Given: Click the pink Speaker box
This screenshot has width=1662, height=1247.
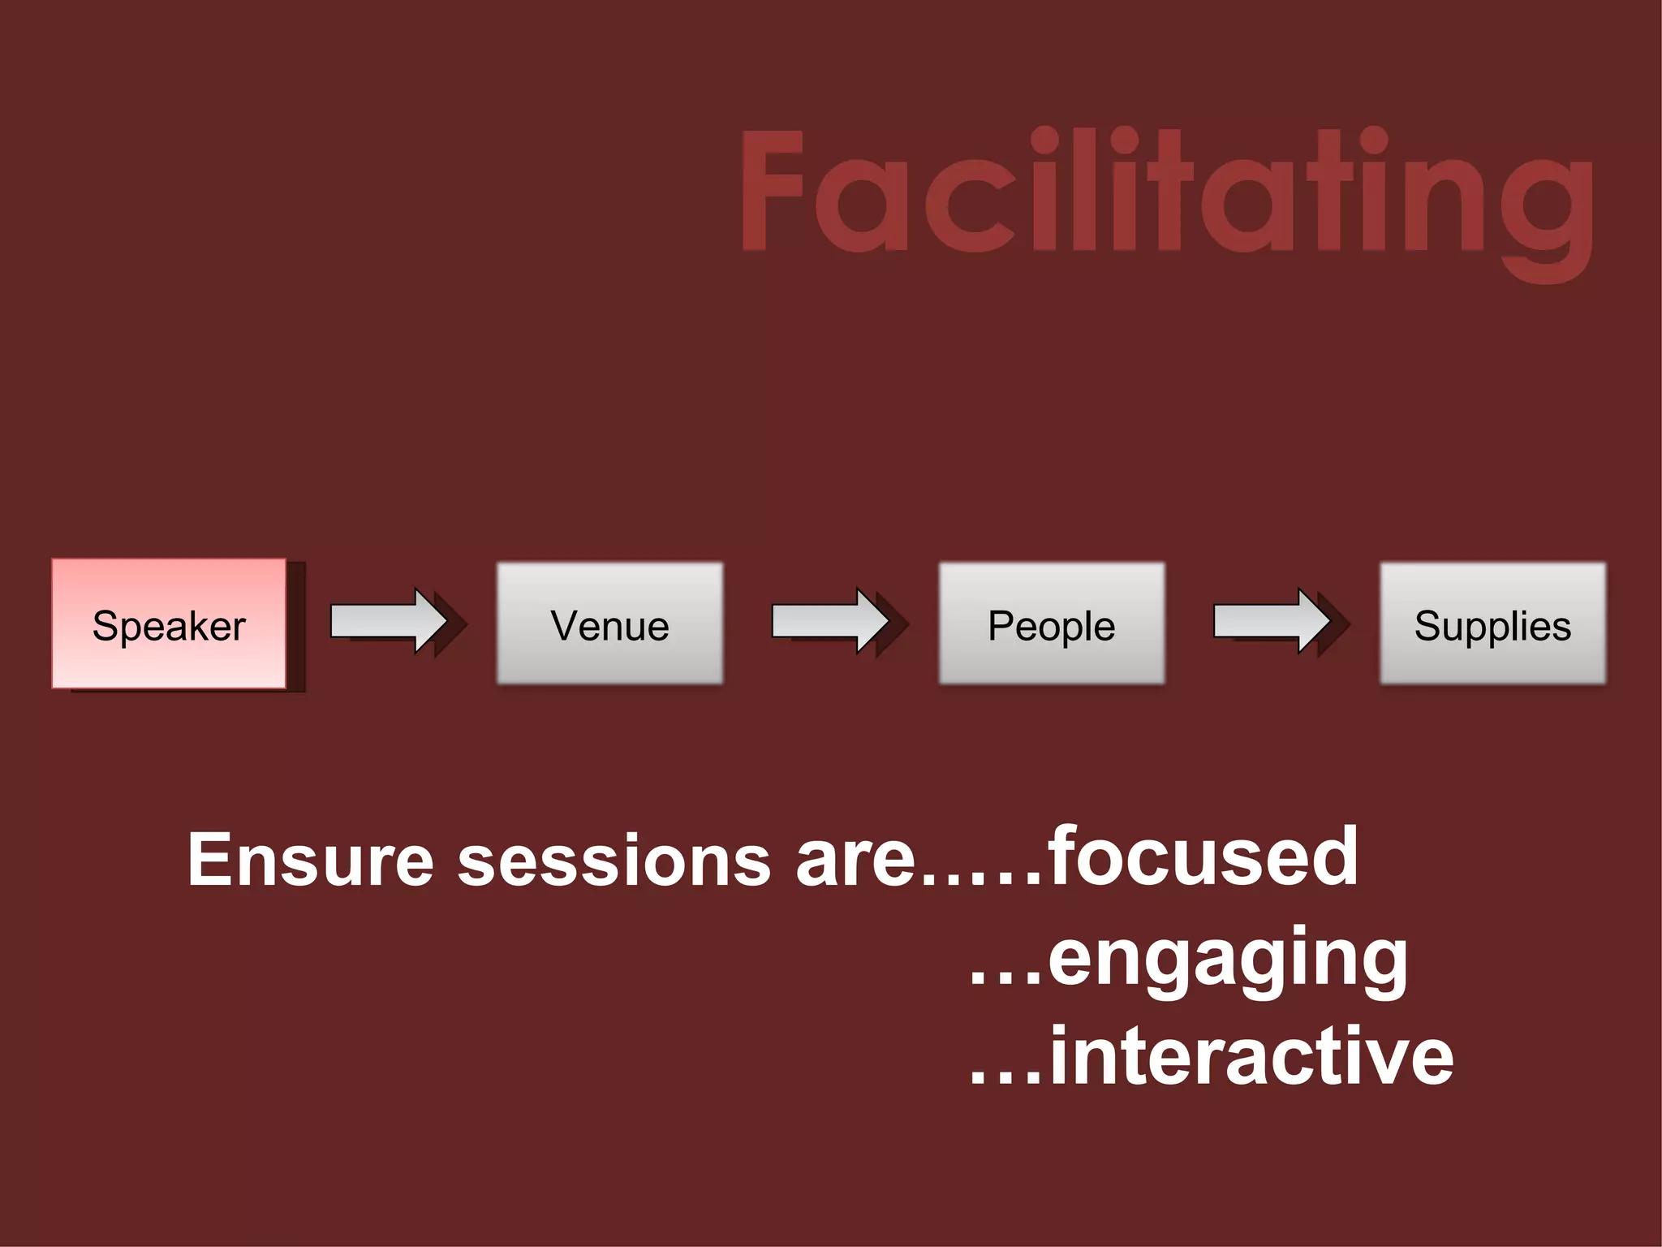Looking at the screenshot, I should pyautogui.click(x=169, y=624).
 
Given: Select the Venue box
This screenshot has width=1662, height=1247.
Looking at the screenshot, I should pyautogui.click(x=609, y=623).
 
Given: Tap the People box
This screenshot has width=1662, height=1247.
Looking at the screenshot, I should pyautogui.click(x=1052, y=623).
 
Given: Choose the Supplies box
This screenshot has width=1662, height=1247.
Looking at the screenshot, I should pyautogui.click(x=1492, y=623).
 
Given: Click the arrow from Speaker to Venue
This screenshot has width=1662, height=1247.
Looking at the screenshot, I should pyautogui.click(x=390, y=621).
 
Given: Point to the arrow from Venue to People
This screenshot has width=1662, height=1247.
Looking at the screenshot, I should pyautogui.click(x=831, y=621).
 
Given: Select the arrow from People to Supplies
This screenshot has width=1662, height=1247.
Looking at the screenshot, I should pyautogui.click(x=1272, y=621).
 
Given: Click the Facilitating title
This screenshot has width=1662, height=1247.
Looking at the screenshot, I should pyautogui.click(x=1167, y=195).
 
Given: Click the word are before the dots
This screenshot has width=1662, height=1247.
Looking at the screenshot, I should pyautogui.click(x=855, y=861).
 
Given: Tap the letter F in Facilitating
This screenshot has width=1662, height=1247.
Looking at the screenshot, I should pyautogui.click(x=771, y=191).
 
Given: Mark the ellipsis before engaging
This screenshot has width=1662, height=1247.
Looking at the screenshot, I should pyautogui.click(x=1005, y=978).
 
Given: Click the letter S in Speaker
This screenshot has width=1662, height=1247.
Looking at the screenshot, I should pyautogui.click(x=106, y=625).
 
